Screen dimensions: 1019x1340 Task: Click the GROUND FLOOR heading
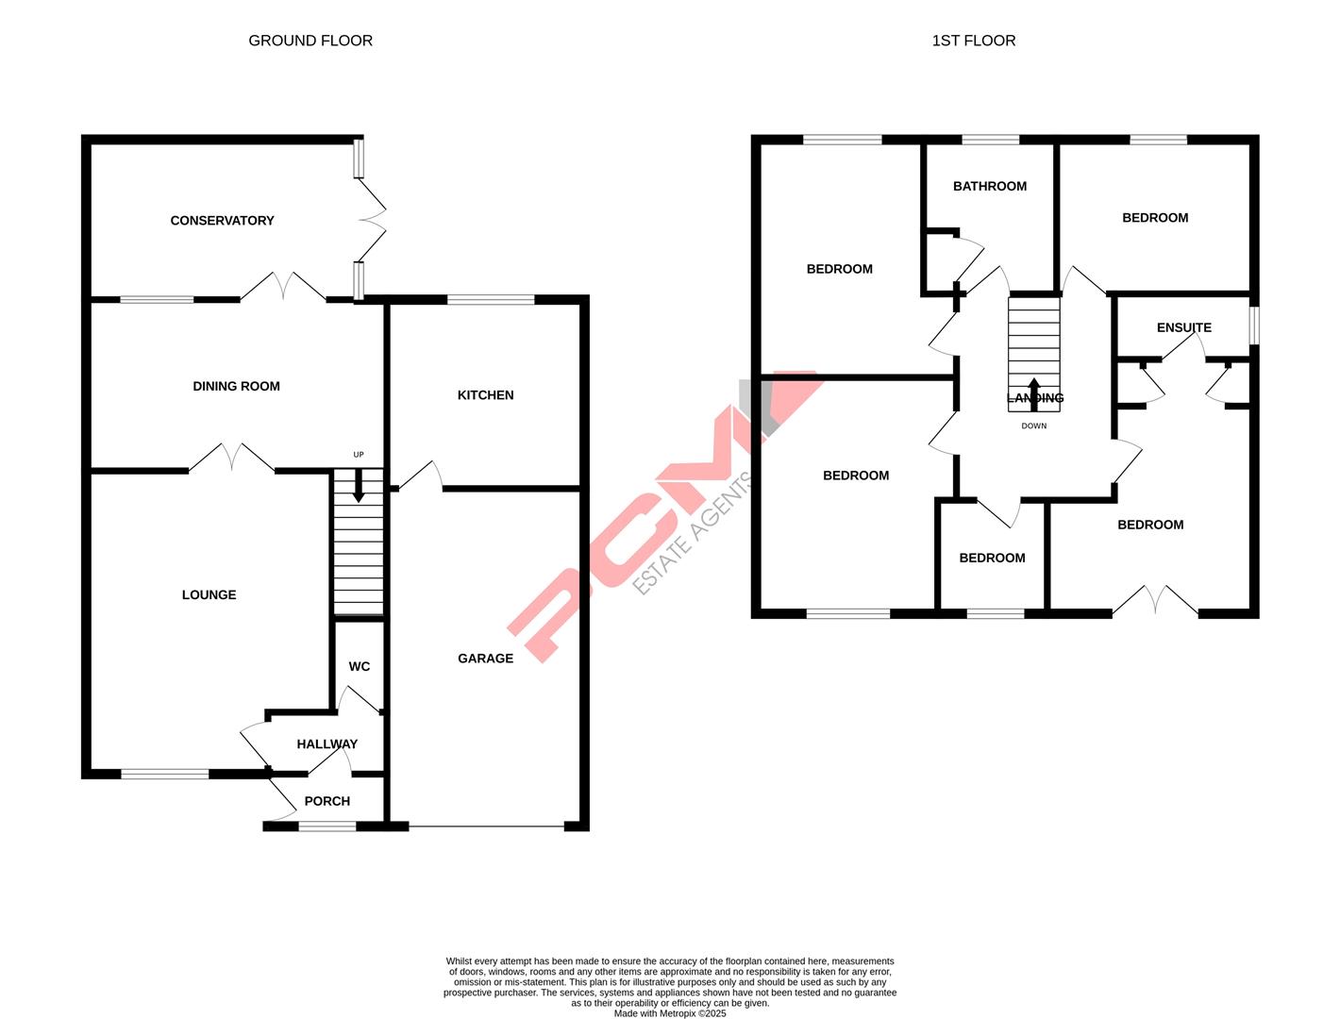[310, 41]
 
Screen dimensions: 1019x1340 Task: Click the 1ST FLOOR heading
[973, 41]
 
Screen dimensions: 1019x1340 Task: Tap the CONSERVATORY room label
[222, 221]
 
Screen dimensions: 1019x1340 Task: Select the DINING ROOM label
[236, 386]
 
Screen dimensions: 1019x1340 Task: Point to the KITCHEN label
[485, 395]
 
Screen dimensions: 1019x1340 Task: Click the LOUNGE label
[209, 595]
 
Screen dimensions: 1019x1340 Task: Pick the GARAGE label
[485, 659]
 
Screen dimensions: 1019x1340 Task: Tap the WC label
[359, 667]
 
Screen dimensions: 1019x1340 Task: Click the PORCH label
[327, 802]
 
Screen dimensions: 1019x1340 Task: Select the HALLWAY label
[327, 744]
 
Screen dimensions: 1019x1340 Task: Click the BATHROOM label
[989, 187]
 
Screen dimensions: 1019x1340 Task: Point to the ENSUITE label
[1183, 328]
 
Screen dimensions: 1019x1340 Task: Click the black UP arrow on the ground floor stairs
[358, 488]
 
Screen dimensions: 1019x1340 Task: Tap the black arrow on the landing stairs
[1033, 393]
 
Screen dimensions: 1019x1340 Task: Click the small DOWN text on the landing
[1033, 426]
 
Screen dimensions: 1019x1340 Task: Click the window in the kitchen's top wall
[490, 300]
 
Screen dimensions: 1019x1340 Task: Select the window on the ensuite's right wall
[1254, 326]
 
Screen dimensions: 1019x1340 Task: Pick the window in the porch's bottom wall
[327, 827]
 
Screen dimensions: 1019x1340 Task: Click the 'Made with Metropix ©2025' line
[670, 1013]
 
